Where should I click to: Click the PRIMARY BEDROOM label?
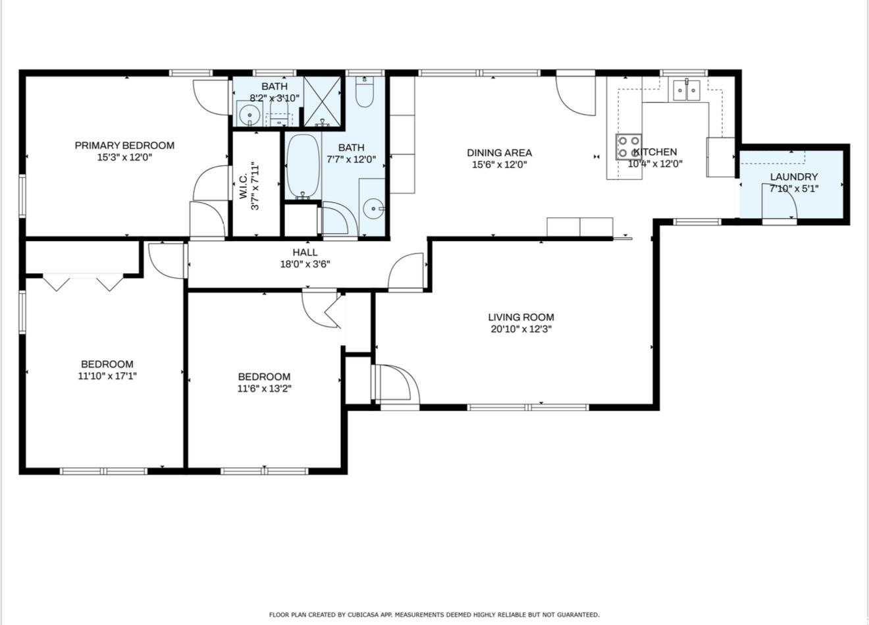pos(124,146)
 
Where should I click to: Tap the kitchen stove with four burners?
pos(629,147)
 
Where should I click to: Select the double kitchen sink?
pos(687,90)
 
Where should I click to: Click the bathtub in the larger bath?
pos(303,166)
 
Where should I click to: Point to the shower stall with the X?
pos(323,101)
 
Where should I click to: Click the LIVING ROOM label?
pos(521,317)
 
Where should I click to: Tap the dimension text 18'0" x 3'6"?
pos(305,264)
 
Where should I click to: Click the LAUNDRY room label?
pos(794,177)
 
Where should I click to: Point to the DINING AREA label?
pos(499,153)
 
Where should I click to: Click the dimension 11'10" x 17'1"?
pos(107,376)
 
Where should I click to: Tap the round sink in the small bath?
pos(248,115)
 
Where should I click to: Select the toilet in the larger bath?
pos(365,92)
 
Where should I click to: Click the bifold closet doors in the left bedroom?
pos(83,283)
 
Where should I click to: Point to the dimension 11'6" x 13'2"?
pos(265,389)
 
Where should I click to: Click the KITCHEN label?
pos(655,151)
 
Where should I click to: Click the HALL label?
pos(305,252)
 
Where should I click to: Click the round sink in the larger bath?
pos(373,209)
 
